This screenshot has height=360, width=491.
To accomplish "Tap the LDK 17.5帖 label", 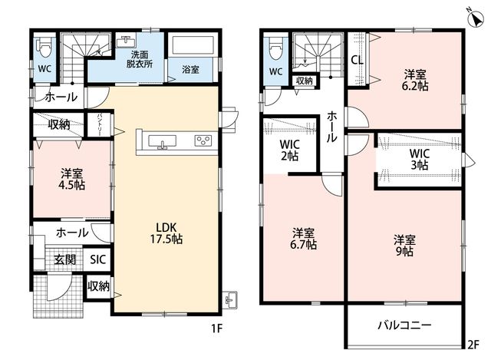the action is click(x=166, y=233).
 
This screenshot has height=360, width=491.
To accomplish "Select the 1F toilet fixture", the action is click(x=45, y=48).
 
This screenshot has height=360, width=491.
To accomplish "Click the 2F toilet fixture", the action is click(x=276, y=48).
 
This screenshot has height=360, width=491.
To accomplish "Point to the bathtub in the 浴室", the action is click(x=191, y=45).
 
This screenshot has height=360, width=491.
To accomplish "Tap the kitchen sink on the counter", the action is click(x=162, y=141).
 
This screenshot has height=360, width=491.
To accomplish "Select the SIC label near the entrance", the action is click(x=98, y=259).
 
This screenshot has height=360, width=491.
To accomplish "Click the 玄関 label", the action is click(x=64, y=259).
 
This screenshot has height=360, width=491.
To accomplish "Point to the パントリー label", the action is click(x=100, y=124).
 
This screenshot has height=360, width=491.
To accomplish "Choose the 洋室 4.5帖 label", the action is click(x=71, y=179).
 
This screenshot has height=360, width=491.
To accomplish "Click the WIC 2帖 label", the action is click(x=290, y=150).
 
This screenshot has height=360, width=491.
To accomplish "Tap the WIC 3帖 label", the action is click(x=420, y=159).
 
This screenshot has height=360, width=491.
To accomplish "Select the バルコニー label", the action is click(x=404, y=325).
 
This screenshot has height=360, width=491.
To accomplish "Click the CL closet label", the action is click(x=358, y=60).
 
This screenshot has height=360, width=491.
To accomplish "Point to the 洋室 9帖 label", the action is click(x=404, y=246).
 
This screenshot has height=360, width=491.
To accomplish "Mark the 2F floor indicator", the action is click(x=473, y=345).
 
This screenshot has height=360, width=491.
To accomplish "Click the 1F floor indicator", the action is click(x=216, y=329).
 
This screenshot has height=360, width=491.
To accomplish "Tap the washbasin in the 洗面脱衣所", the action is click(x=126, y=41).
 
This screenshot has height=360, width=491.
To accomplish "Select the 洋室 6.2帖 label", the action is click(x=415, y=81).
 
